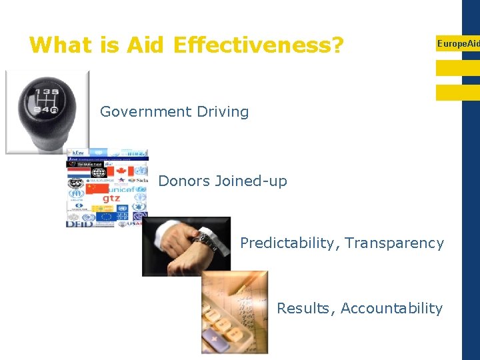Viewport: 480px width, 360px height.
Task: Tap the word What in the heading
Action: coord(63,45)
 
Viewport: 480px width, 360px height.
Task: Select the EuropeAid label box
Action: coord(457,44)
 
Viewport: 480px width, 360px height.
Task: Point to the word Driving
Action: coord(224,112)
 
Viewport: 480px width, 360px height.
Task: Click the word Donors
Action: coord(184,181)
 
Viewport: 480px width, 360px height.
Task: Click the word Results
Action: coord(306,308)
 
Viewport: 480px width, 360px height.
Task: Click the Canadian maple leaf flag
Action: coord(121,171)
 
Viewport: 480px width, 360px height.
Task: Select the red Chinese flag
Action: coord(97,189)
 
